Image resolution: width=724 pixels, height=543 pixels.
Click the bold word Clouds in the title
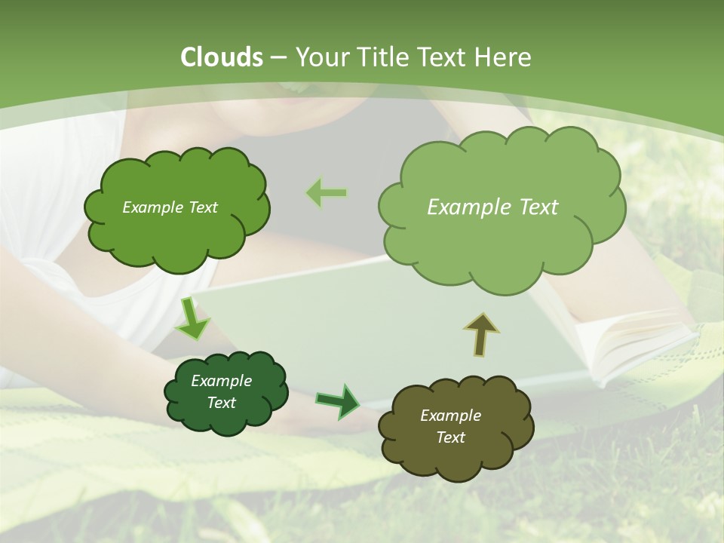(222, 57)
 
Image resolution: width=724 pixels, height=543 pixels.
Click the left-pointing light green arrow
(327, 193)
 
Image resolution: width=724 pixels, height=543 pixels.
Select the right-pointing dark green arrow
(339, 401)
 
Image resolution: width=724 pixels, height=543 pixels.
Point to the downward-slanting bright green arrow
(192, 320)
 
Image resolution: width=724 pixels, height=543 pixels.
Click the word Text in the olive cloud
(450, 437)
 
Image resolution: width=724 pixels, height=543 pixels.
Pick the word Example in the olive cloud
(450, 416)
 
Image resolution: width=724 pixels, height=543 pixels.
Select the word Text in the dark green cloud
(221, 403)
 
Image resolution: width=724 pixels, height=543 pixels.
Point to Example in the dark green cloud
(221, 381)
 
